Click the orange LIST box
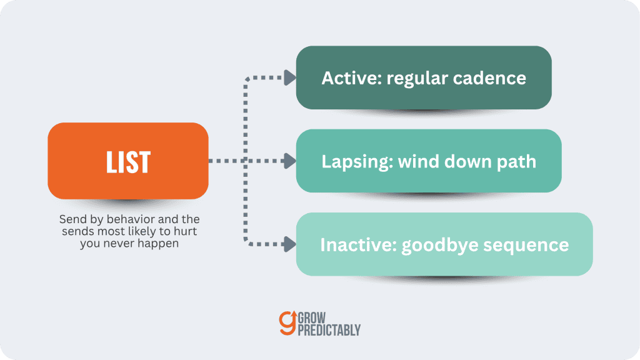[x=128, y=161]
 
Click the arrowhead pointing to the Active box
[x=290, y=77]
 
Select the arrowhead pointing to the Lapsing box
[x=290, y=161]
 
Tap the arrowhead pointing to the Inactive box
[x=290, y=244]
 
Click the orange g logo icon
[x=287, y=323]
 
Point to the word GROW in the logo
[x=312, y=317]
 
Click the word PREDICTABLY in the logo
[x=329, y=330]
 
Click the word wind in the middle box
[x=419, y=162]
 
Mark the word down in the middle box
[x=468, y=162]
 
